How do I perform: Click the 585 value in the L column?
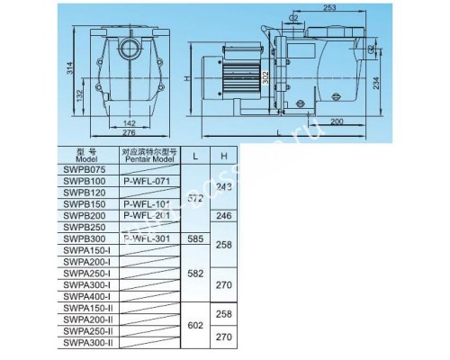pos(194,238)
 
